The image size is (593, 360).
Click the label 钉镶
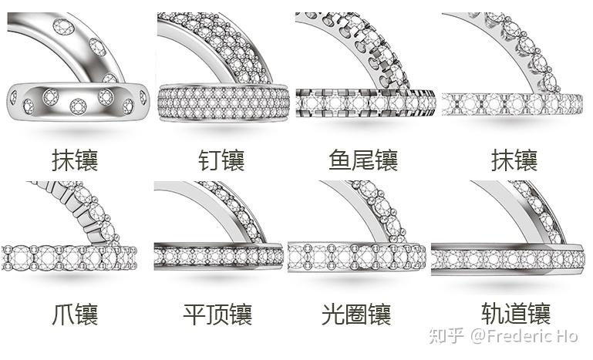coord(221,160)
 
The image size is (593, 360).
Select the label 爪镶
coord(76,315)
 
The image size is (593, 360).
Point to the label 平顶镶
coord(217,315)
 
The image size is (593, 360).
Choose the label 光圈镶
coord(355,315)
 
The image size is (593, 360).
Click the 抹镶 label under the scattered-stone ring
coord(76,160)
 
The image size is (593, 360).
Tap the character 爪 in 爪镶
coord(64,315)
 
